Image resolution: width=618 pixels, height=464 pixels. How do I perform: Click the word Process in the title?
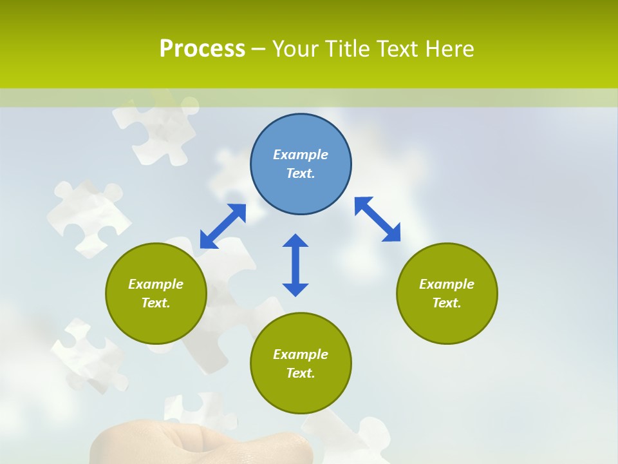(202, 49)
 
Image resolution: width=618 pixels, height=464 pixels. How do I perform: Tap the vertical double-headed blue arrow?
(295, 265)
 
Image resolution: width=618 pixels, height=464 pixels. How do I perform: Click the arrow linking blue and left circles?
(223, 226)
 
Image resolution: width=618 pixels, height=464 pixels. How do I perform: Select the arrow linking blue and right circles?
(377, 219)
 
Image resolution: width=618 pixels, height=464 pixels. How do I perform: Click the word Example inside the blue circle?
(301, 155)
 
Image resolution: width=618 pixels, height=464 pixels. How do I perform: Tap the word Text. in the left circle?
(156, 303)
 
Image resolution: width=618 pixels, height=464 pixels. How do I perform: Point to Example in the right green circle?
(447, 284)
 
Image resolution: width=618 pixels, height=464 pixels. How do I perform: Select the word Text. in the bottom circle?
(301, 373)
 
